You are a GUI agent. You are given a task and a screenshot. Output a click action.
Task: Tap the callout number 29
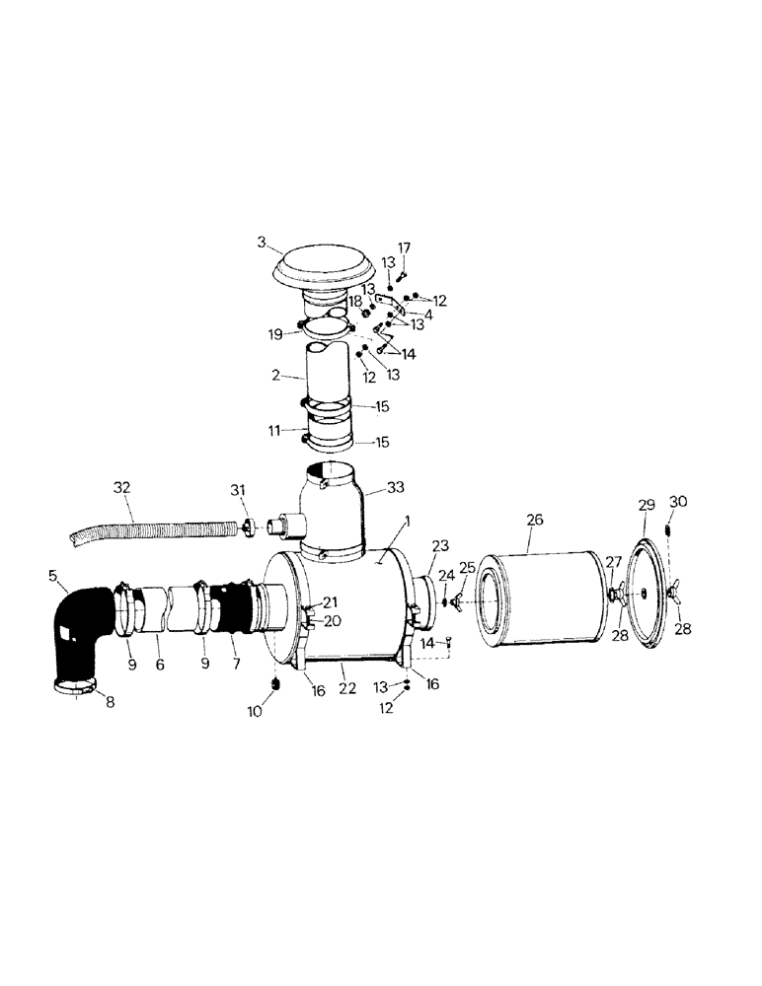(647, 504)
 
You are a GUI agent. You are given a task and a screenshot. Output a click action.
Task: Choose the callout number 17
(403, 246)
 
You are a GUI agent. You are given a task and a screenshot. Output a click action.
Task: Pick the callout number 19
(276, 333)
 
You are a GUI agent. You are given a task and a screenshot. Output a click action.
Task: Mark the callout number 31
(237, 491)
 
